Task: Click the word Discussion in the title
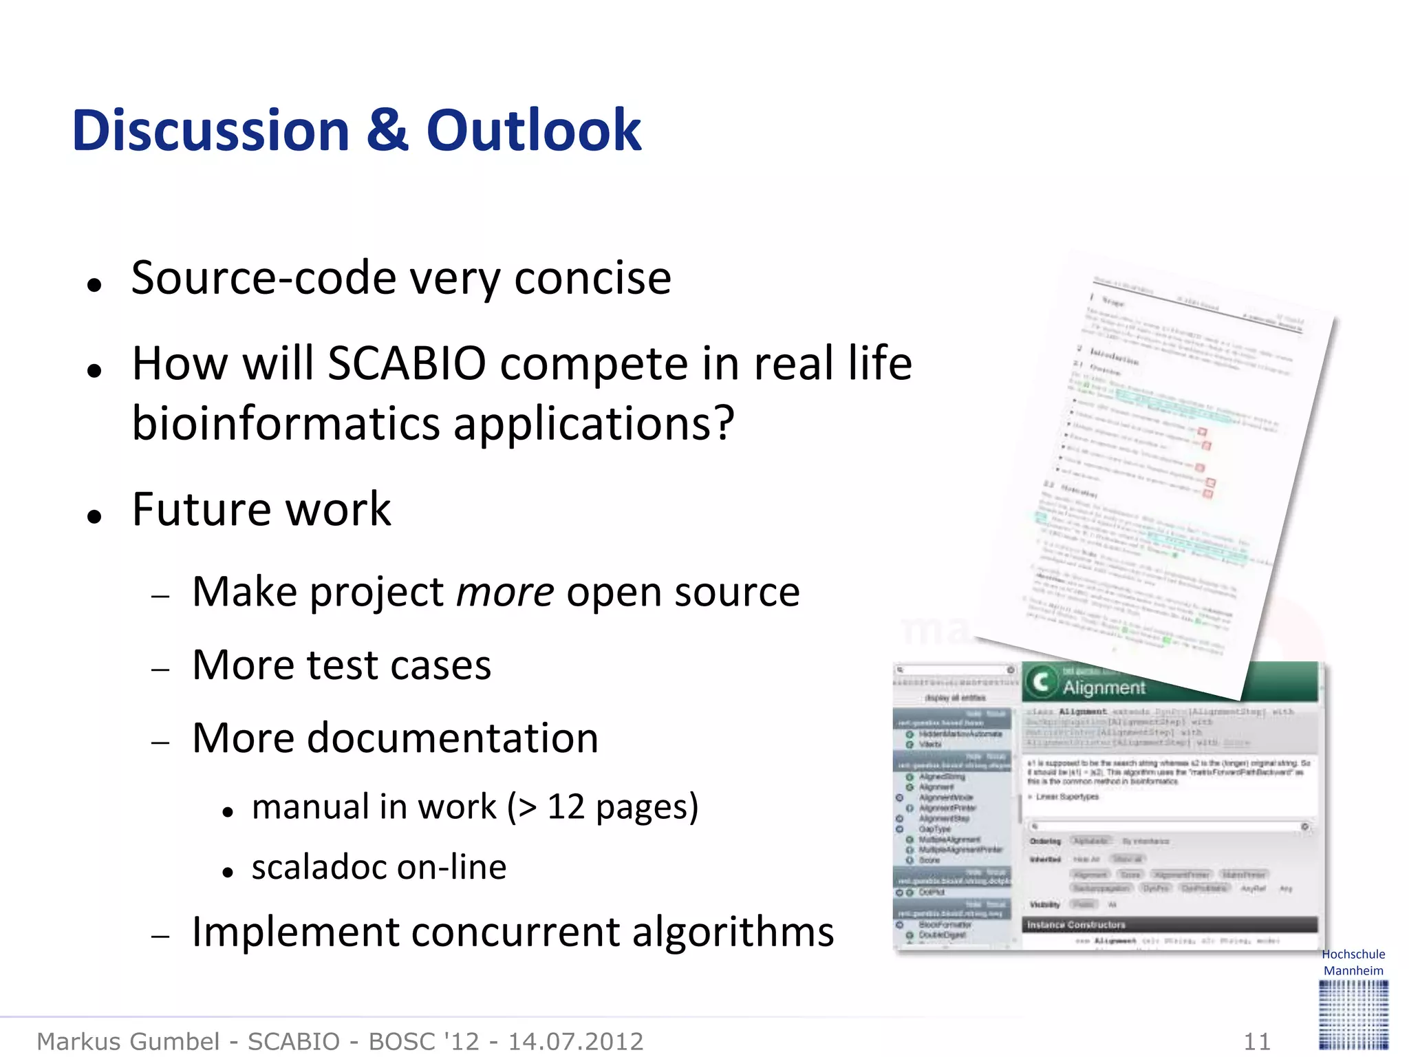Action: [211, 131]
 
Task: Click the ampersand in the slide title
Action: [387, 131]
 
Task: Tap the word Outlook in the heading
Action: [533, 131]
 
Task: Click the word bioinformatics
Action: [286, 423]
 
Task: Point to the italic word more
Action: [505, 592]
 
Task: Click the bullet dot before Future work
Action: [95, 516]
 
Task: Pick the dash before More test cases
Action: [160, 668]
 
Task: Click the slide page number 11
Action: [1257, 1041]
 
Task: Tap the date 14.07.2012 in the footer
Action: [575, 1041]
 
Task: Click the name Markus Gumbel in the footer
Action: [128, 1041]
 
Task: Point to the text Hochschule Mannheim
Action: [1353, 962]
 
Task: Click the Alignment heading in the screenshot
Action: [1104, 687]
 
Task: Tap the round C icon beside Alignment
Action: [1041, 681]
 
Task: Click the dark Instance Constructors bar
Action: [1170, 924]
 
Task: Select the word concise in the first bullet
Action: [592, 278]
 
